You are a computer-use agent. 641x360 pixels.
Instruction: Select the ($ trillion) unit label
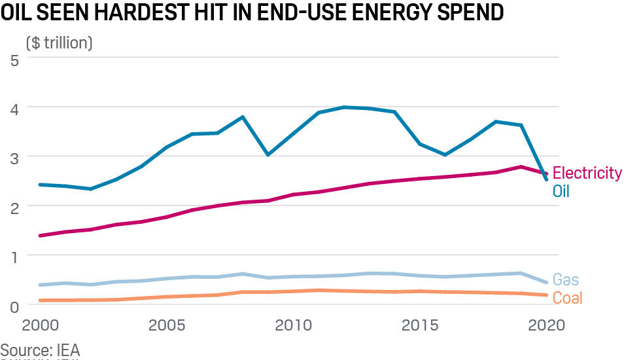pos(60,43)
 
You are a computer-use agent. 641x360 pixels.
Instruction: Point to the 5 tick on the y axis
pos(14,60)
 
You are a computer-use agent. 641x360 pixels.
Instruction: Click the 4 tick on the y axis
pos(14,108)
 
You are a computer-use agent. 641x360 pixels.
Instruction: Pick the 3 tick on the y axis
pos(14,158)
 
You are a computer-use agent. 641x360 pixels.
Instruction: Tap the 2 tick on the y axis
pos(14,207)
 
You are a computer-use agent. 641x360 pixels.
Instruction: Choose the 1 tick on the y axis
pos(14,257)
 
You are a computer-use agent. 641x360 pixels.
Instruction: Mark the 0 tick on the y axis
pos(14,305)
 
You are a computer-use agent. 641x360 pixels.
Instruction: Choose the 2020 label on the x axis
pos(544,326)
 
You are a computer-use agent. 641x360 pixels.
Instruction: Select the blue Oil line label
pos(562,192)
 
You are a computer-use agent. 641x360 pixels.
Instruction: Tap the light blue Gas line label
pos(566,280)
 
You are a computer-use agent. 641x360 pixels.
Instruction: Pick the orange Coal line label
pos(567,298)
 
